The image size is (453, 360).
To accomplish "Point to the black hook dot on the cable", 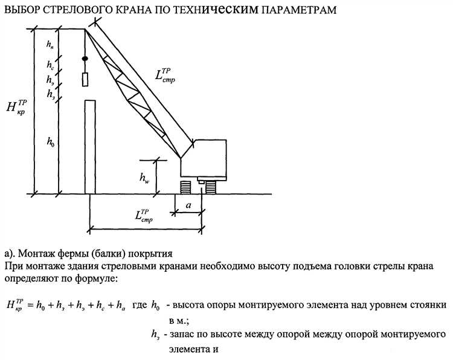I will tap(85, 59).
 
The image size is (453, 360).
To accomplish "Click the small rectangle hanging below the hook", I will tap(85, 79).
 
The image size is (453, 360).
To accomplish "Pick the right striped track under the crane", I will tap(211, 187).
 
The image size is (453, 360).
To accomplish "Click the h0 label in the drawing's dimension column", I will tap(50, 142).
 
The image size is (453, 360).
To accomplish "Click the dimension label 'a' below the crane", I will tap(188, 206).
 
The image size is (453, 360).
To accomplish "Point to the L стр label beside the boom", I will tap(164, 76).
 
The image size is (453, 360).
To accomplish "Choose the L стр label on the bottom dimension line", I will tap(143, 217).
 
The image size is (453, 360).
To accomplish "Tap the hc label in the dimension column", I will tap(50, 65).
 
